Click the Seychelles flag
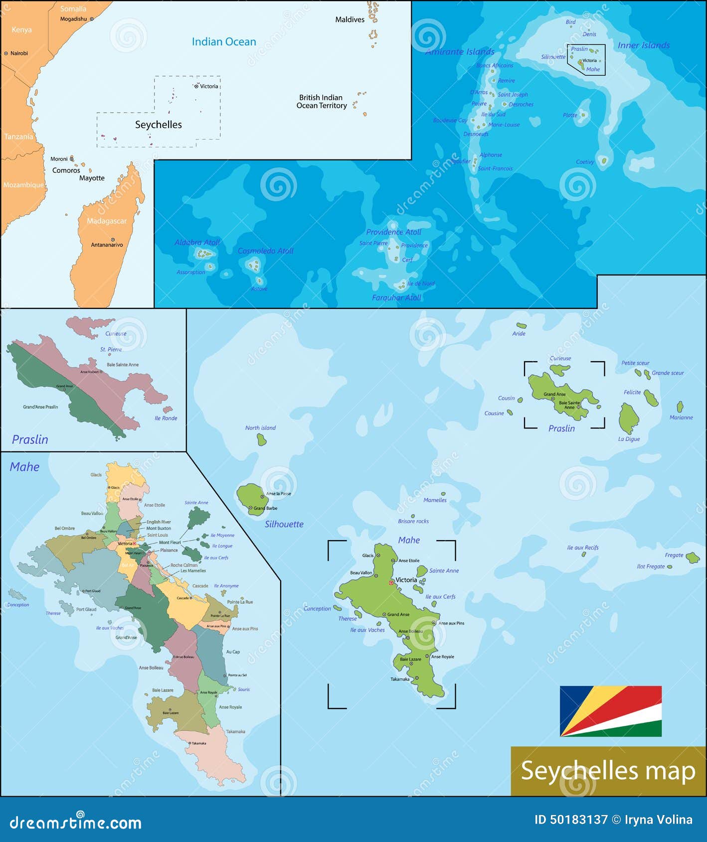610,711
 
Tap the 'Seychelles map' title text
608,771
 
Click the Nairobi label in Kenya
19,53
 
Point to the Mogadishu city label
73,19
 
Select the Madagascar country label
107,221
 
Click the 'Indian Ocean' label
224,42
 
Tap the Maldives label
350,20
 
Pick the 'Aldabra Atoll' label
197,243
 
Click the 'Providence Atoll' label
393,232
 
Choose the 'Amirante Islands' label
460,52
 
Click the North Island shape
261,439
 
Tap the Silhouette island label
284,524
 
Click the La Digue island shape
628,418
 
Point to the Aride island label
519,334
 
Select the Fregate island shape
693,558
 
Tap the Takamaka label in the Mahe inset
235,731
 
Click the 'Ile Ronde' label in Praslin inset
166,419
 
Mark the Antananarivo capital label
107,245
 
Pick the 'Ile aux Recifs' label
582,548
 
